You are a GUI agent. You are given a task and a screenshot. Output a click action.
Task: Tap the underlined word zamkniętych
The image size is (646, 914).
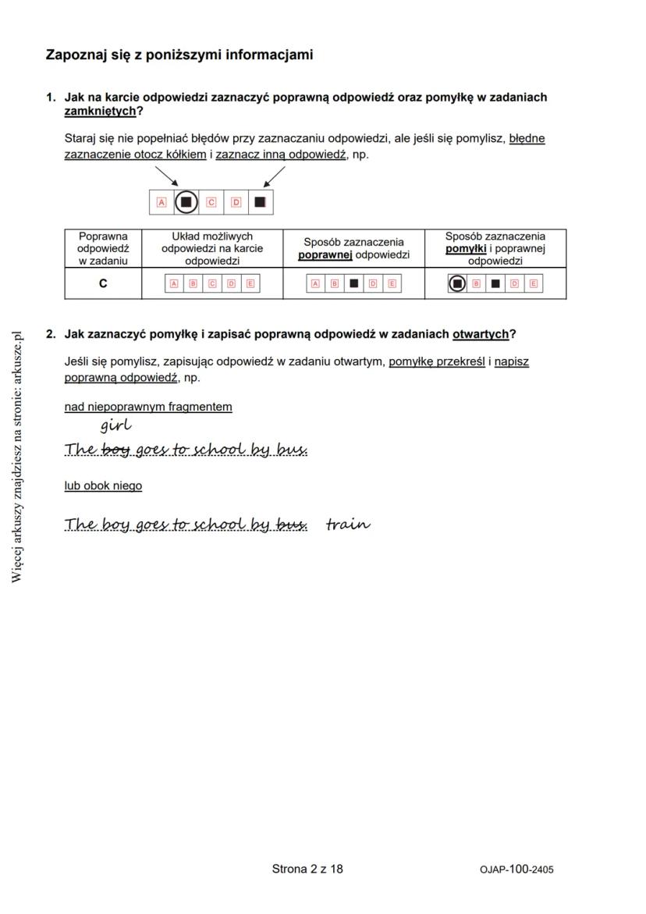click(100, 112)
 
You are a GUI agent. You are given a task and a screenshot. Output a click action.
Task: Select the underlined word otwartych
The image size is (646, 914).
click(480, 334)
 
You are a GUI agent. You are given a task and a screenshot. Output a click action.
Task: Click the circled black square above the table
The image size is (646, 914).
click(186, 203)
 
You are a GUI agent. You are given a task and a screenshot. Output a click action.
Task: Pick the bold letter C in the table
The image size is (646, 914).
click(103, 284)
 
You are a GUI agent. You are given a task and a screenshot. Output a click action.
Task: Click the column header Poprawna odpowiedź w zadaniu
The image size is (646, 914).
click(103, 248)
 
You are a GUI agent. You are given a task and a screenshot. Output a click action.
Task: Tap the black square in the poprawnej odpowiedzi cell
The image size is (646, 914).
click(353, 284)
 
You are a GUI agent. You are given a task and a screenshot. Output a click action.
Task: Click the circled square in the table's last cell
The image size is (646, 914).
click(457, 284)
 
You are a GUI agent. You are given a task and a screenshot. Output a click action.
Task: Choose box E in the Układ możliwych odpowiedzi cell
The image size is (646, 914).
click(250, 284)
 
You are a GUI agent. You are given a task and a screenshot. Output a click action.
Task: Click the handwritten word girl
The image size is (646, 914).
click(115, 425)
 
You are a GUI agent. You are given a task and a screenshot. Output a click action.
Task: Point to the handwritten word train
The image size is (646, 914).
click(348, 524)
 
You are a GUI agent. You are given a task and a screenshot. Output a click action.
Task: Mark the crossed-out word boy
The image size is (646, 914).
click(115, 450)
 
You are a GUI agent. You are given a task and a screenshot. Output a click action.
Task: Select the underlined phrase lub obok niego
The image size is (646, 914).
click(103, 485)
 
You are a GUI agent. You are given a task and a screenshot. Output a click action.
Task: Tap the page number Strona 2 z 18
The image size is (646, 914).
click(307, 869)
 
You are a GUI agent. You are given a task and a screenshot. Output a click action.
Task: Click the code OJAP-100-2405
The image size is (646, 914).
click(517, 870)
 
